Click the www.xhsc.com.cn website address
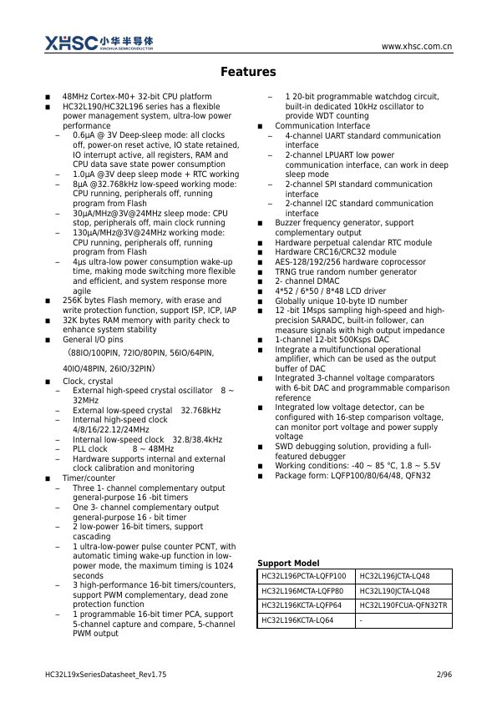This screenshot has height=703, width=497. [417, 47]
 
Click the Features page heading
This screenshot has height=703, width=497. [248, 73]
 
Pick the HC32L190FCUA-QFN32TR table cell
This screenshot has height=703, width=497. [403, 605]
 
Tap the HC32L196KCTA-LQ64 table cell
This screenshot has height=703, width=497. [297, 620]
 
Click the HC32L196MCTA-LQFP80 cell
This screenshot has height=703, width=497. [302, 590]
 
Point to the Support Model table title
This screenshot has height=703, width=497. [288, 563]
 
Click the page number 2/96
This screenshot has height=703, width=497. [444, 674]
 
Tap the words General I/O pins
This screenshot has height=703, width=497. [93, 340]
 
